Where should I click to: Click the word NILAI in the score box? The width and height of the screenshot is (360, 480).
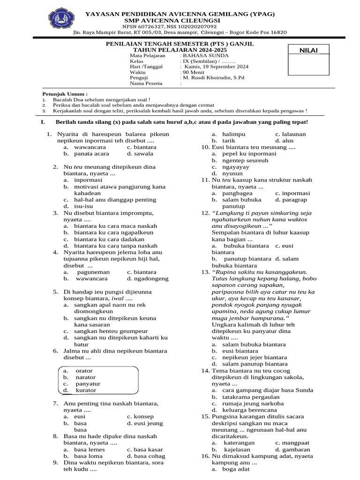[x=308, y=50]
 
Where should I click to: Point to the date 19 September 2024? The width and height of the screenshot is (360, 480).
[x=210, y=67]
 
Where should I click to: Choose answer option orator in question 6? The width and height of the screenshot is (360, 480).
[x=84, y=371]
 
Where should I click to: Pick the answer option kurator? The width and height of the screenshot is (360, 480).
[x=85, y=390]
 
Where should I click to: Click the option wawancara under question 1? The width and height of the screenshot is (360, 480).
[x=90, y=147]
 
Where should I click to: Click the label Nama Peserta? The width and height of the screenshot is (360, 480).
[x=146, y=83]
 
